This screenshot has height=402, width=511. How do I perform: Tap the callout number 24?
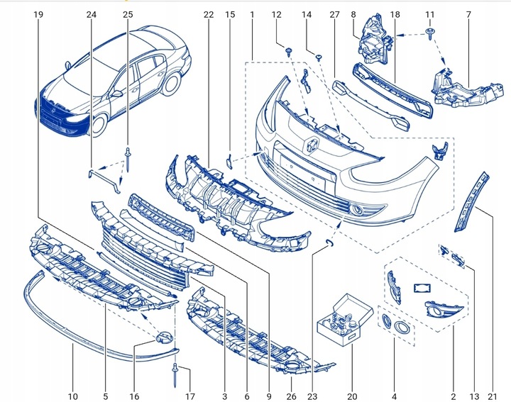coord(92,15)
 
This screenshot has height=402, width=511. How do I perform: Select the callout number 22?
coord(208,15)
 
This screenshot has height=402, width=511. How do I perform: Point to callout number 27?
coord(334,15)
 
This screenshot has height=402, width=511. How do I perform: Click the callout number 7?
coord(468,15)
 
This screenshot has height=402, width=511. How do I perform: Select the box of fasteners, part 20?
coord(346,320)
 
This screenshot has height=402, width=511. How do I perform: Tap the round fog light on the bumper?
coord(359,211)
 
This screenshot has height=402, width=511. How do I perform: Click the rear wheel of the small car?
coord(170,84)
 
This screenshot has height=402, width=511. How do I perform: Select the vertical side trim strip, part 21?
coord(471,202)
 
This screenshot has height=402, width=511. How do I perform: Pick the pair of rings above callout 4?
coord(395,325)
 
